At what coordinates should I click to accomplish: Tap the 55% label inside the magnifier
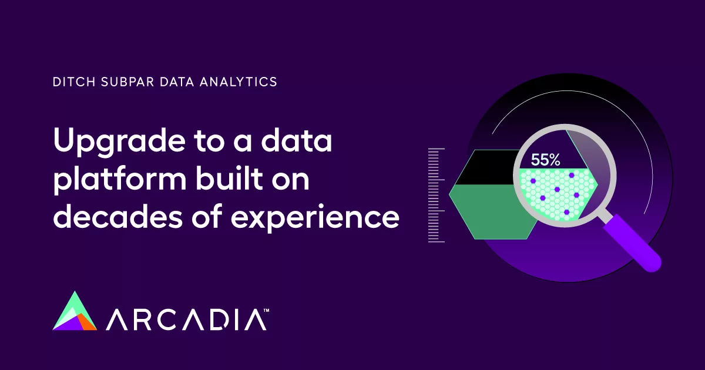[546, 159]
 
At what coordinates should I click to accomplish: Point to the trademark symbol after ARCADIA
[266, 309]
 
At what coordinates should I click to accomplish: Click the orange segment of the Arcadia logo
[88, 322]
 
